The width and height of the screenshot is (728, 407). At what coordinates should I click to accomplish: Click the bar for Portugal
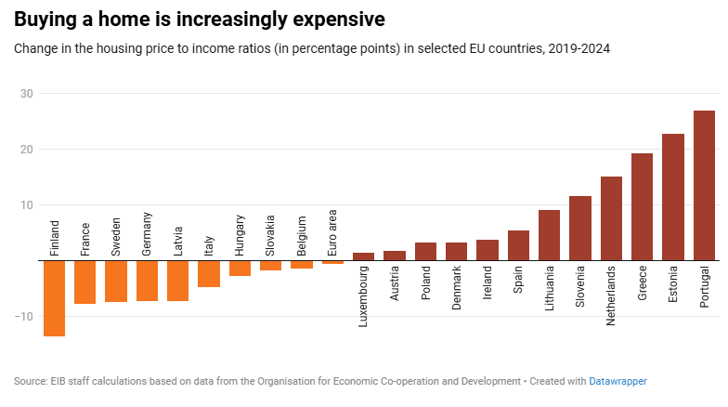[x=704, y=186]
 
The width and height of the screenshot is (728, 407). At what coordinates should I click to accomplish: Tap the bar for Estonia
[x=673, y=197]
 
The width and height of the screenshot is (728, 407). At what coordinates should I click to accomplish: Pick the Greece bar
[x=642, y=207]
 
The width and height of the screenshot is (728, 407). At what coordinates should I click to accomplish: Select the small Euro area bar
[x=332, y=262]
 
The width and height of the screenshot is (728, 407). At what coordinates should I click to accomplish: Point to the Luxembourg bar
[x=363, y=256]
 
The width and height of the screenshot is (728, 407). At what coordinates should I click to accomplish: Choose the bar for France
[x=85, y=282]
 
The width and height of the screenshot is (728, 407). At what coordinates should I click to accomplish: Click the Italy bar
[x=209, y=274]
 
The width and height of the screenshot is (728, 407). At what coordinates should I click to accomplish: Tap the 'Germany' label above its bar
[x=148, y=240]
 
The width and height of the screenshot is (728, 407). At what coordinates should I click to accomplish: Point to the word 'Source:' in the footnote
[x=32, y=381]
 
